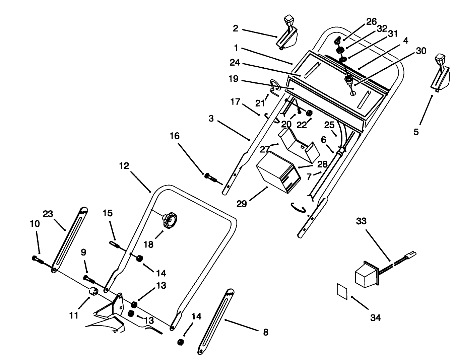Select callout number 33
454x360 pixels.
click(361, 221)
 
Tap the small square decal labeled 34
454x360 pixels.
click(342, 290)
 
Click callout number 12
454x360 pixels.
click(124, 166)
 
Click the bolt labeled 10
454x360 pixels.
click(37, 259)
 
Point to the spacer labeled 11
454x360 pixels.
click(93, 292)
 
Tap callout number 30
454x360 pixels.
click(421, 51)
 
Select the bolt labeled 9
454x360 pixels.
click(89, 278)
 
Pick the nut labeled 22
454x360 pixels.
click(309, 113)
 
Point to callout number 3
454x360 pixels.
click(211, 119)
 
